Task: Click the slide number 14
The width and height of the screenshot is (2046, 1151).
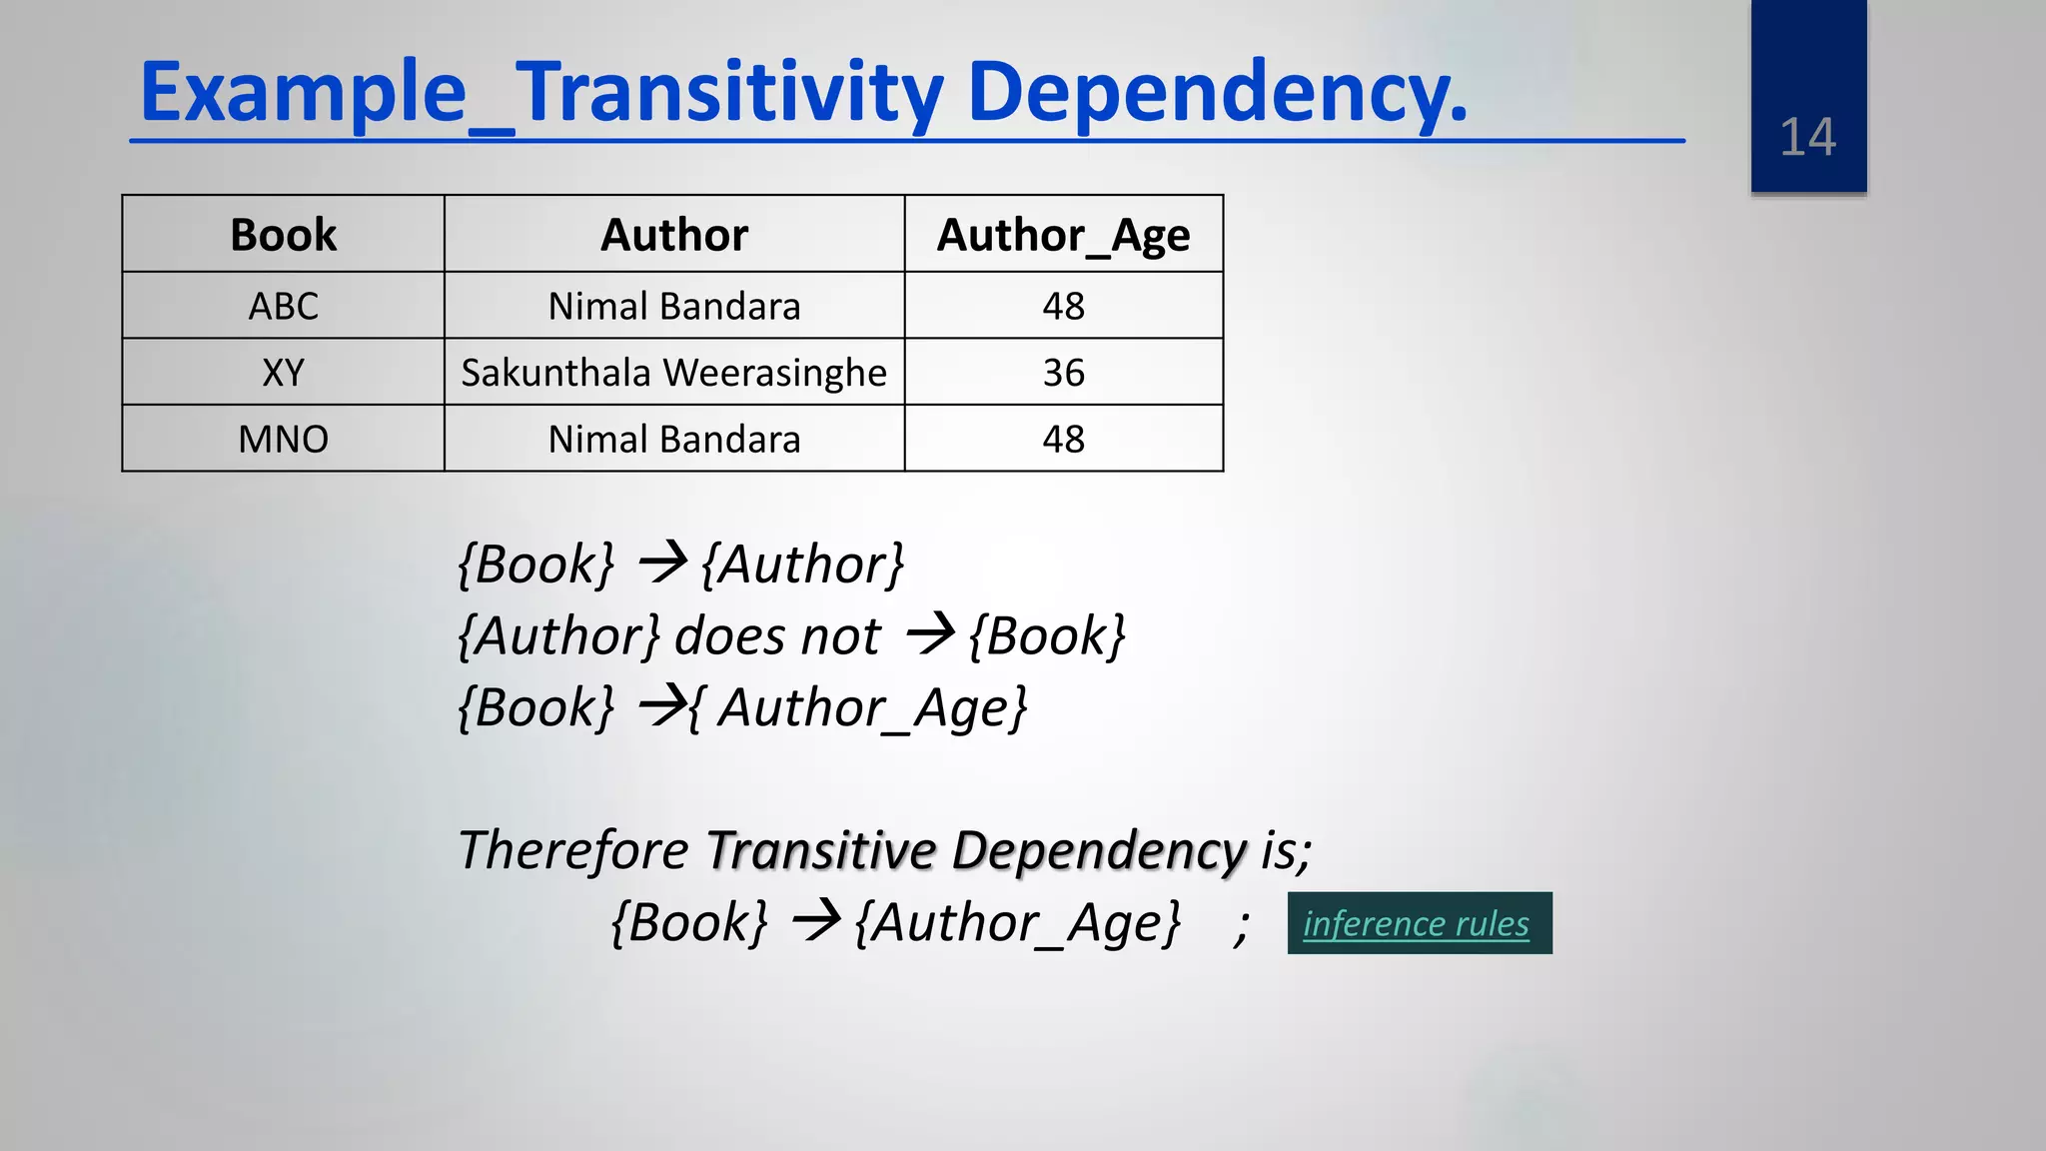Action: click(1807, 137)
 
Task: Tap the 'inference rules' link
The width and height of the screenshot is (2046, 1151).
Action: click(1416, 923)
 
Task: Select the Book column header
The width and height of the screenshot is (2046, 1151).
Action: click(283, 235)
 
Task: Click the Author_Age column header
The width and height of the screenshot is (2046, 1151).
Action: click(1063, 235)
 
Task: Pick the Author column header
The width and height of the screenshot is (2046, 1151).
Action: click(674, 235)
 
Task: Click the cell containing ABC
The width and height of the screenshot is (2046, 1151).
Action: click(283, 306)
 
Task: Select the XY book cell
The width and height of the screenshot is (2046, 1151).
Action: click(283, 373)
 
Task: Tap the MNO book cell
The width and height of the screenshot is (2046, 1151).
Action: click(283, 440)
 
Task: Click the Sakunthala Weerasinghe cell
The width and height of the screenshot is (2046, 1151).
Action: click(674, 373)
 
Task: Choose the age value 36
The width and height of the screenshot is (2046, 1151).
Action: click(1063, 373)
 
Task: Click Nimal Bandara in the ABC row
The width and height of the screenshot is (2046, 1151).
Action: click(674, 306)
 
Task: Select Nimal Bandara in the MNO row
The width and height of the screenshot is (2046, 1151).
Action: click(674, 440)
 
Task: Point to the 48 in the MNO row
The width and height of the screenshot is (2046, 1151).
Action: click(1063, 440)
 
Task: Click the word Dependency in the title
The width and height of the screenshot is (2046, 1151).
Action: click(1217, 92)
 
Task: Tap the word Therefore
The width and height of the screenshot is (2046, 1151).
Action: click(572, 850)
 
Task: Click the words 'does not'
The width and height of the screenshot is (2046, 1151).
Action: click(777, 636)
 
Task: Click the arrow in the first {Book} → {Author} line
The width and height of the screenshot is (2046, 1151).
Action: click(662, 563)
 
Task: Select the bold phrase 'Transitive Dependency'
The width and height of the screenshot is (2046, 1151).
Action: click(976, 850)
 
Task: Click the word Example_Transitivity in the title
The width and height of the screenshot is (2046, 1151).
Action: click(540, 92)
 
